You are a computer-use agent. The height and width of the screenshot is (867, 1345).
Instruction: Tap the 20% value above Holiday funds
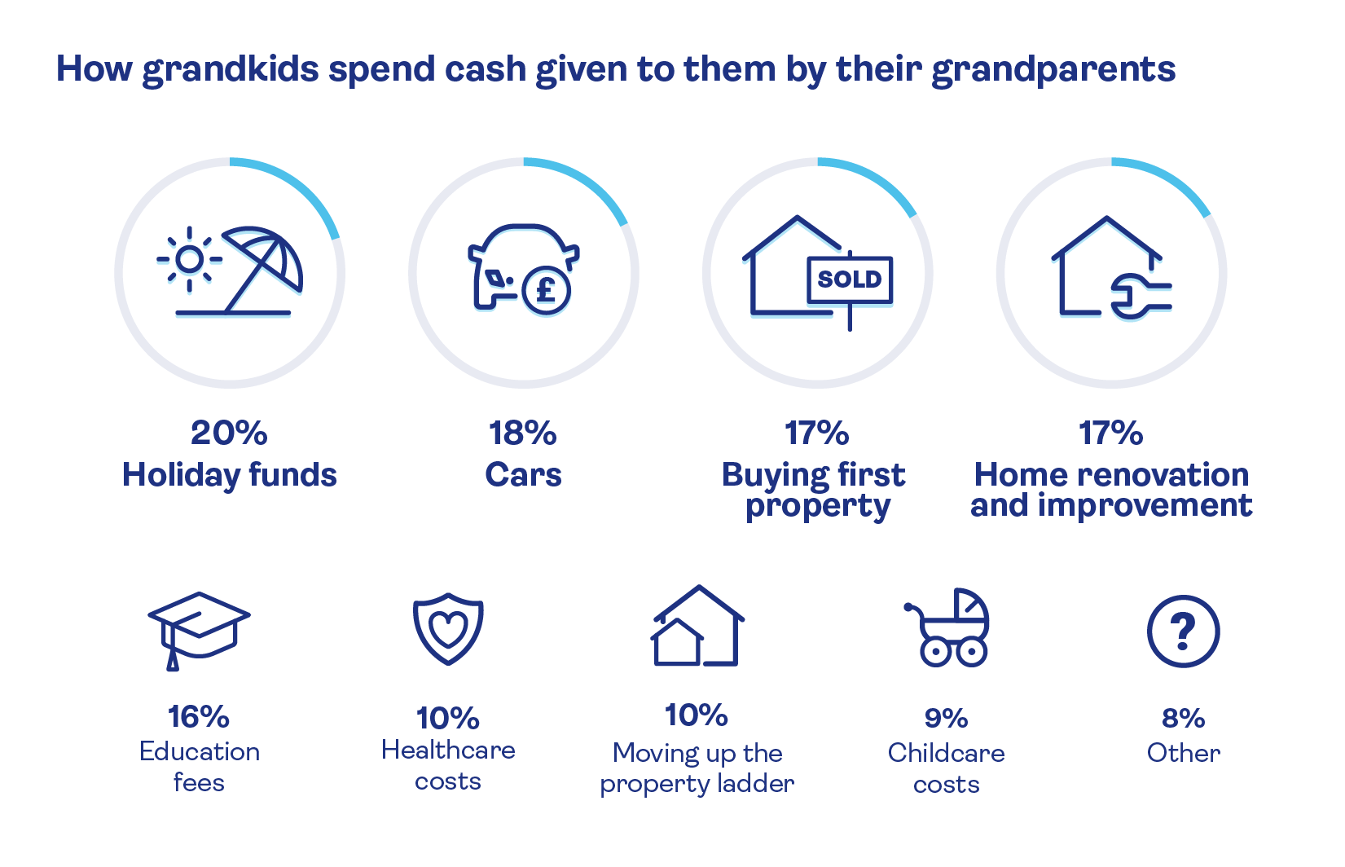point(229,433)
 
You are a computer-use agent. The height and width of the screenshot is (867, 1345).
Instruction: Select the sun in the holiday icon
point(190,259)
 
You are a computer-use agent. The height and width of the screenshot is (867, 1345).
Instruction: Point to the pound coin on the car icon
point(546,291)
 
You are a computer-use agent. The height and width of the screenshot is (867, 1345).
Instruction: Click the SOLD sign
point(850,279)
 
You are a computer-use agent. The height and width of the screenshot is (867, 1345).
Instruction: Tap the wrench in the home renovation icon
point(1140,296)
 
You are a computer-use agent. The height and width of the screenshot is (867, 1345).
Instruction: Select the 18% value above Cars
point(523,433)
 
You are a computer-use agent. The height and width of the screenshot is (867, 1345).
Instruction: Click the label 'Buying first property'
point(814,491)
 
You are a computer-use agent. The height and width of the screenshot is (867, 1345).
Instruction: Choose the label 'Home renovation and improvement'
point(1111,490)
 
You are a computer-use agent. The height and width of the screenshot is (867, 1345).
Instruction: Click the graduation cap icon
point(199,631)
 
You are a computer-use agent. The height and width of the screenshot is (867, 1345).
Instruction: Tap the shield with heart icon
point(448,628)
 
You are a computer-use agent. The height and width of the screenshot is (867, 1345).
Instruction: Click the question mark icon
point(1183,631)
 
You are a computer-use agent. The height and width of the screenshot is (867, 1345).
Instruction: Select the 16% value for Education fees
point(199,717)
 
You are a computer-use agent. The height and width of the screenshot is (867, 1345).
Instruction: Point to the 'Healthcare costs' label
point(448,765)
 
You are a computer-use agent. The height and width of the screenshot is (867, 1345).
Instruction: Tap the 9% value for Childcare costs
point(947,718)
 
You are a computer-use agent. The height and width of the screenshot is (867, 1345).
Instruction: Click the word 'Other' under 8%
point(1184,754)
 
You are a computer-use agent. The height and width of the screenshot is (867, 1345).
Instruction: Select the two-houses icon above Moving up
point(697,626)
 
